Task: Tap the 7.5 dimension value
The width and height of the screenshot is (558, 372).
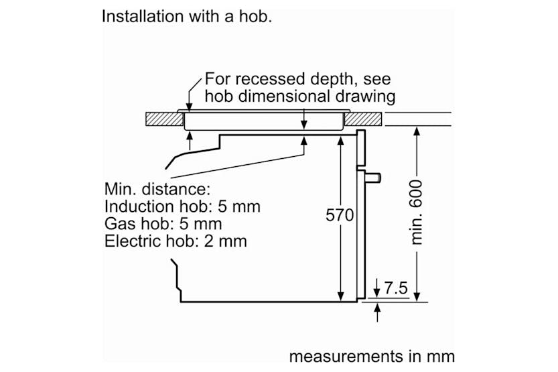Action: pyautogui.click(x=396, y=288)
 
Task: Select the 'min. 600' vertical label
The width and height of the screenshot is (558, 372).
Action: pyautogui.click(x=417, y=212)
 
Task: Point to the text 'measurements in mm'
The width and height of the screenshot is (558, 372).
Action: pyautogui.click(x=372, y=355)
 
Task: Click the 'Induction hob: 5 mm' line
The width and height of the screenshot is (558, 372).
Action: pyautogui.click(x=182, y=206)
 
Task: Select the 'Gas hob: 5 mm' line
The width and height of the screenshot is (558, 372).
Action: pyautogui.click(x=163, y=223)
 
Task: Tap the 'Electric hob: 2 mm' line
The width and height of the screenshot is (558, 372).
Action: pyautogui.click(x=176, y=241)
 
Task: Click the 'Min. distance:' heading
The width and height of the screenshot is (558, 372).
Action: pyautogui.click(x=157, y=188)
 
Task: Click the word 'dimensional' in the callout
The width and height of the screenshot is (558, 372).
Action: pyautogui.click(x=281, y=97)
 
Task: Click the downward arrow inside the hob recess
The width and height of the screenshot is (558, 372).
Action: pyautogui.click(x=304, y=123)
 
